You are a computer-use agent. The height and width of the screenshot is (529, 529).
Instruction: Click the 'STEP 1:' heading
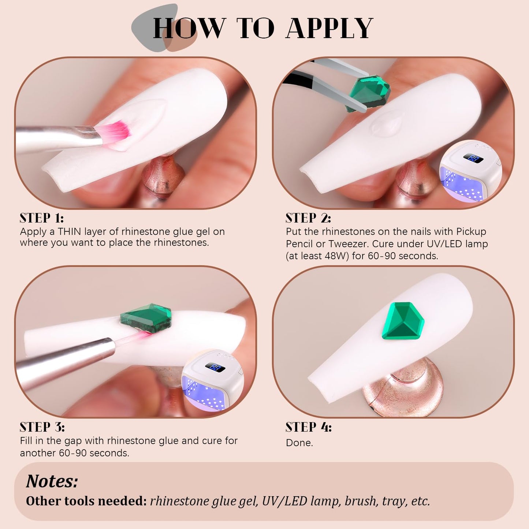(x=42, y=218)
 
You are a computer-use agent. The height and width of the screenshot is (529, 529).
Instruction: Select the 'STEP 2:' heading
(x=308, y=218)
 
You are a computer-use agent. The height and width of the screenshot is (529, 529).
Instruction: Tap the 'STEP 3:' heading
(x=42, y=428)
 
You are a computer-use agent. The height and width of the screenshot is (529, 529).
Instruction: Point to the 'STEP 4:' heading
(x=309, y=428)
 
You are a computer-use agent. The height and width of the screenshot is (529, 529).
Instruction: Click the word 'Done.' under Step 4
(x=299, y=443)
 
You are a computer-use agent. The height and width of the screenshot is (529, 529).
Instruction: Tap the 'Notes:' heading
(x=52, y=481)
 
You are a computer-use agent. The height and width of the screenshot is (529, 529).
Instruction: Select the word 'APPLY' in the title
(x=329, y=28)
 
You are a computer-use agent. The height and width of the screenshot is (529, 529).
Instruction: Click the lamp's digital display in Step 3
(x=215, y=367)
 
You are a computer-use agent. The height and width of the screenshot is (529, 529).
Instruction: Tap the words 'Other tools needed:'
(x=86, y=501)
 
